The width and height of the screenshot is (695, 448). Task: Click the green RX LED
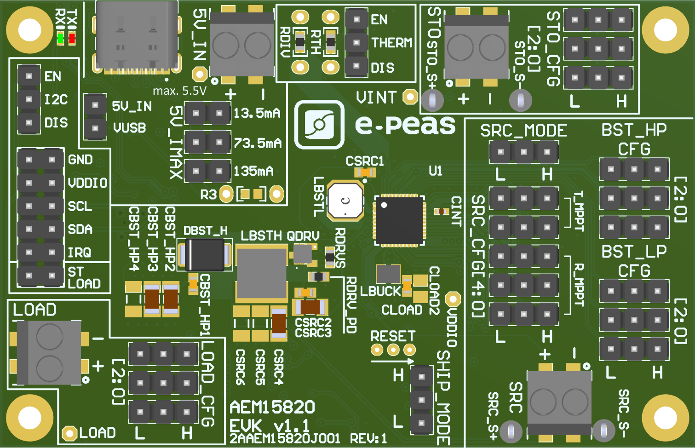click(x=61, y=39)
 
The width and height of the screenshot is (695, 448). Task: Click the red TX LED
click(x=72, y=39)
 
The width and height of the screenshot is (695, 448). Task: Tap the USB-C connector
click(x=137, y=37)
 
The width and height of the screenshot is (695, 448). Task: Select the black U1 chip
click(x=400, y=220)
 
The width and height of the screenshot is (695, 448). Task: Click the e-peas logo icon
click(x=319, y=125)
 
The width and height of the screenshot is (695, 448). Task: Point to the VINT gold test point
click(x=410, y=97)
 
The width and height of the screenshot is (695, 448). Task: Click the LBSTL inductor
click(x=345, y=201)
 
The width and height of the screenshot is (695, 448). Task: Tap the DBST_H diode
click(x=205, y=255)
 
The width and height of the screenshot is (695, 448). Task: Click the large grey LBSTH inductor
click(x=262, y=273)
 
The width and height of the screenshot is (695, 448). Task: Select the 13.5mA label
click(x=257, y=113)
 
